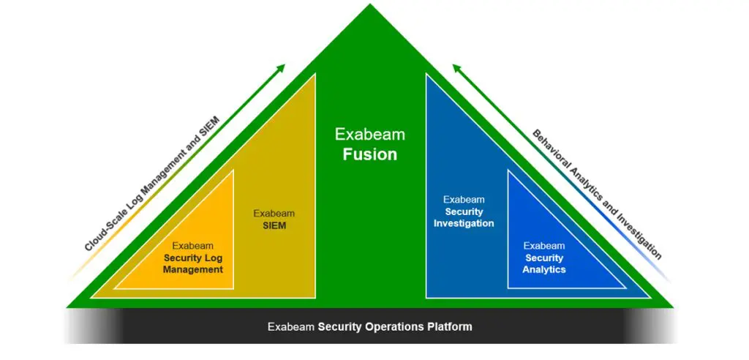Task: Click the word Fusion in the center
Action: point(369,154)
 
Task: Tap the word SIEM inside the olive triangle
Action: point(274,226)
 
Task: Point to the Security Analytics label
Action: point(543,263)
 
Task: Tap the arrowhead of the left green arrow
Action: point(280,68)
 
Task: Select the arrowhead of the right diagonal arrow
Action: point(456,68)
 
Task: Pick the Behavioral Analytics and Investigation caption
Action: point(596,195)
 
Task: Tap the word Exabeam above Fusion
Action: point(369,135)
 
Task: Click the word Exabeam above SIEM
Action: point(274,214)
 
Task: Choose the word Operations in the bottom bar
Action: point(394,326)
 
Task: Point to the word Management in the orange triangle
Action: point(193,269)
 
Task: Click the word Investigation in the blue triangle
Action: point(464,223)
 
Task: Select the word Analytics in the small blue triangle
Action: point(543,269)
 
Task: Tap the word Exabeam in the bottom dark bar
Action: point(291,326)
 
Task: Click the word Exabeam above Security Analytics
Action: point(543,246)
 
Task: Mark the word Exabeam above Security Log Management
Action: point(193,246)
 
